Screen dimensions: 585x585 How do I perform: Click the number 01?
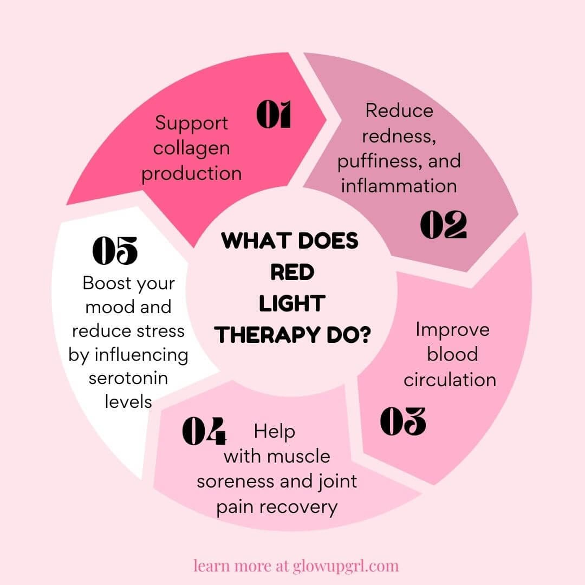tap(274, 115)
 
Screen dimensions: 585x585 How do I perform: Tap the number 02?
tap(443, 225)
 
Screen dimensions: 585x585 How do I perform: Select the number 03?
tap(402, 421)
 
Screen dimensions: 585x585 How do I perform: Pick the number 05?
tap(115, 250)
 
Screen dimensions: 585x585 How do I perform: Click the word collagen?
tap(191, 148)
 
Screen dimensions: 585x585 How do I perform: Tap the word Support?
tap(191, 123)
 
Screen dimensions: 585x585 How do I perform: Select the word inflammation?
tap(399, 186)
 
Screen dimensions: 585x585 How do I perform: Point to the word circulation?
tap(450, 379)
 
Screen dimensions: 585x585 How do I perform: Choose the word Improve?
tap(452, 329)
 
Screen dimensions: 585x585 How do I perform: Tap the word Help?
tap(275, 431)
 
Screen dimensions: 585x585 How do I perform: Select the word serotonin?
tap(128, 378)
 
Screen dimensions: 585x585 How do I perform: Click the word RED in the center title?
tap(292, 272)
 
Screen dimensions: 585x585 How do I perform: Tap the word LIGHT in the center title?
tap(291, 304)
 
